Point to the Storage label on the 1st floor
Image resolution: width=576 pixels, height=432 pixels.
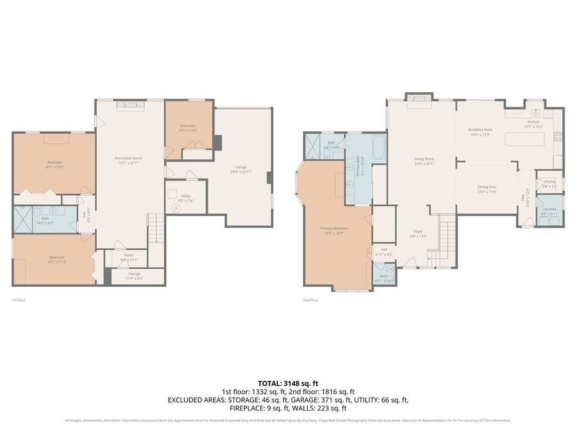(x=134, y=274)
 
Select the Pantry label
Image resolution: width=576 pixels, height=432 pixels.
(x=548, y=182)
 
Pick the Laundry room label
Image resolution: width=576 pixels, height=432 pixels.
(x=549, y=209)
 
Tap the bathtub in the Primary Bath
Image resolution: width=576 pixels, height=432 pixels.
(x=378, y=148)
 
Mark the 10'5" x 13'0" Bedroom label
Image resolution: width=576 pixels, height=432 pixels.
(x=188, y=126)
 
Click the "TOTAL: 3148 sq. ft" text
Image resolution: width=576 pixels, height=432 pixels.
(x=287, y=383)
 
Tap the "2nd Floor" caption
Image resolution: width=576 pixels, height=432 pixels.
(x=310, y=300)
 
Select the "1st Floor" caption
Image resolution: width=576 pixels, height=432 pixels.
(x=19, y=300)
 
